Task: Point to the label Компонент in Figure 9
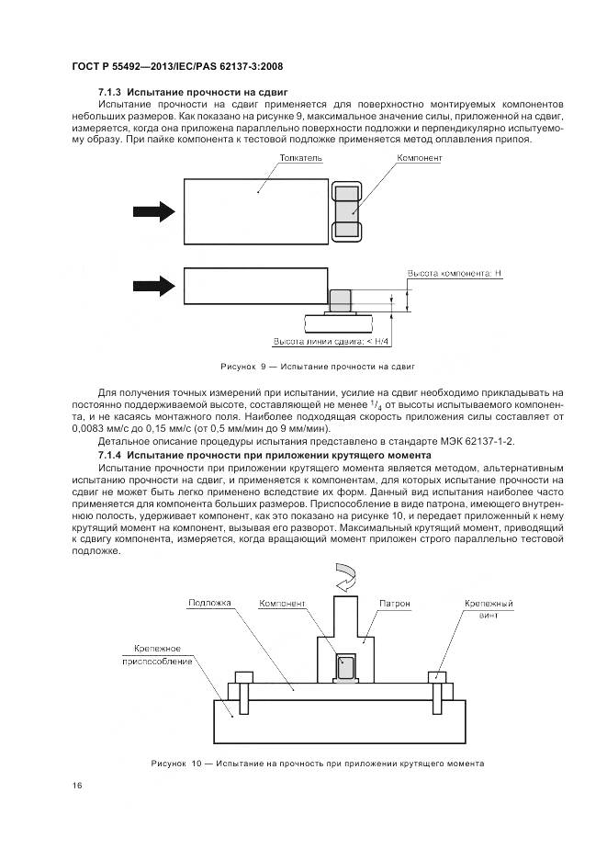(419, 158)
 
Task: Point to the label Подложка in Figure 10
(210, 604)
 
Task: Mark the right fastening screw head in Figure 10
(437, 678)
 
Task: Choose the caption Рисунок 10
(317, 764)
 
